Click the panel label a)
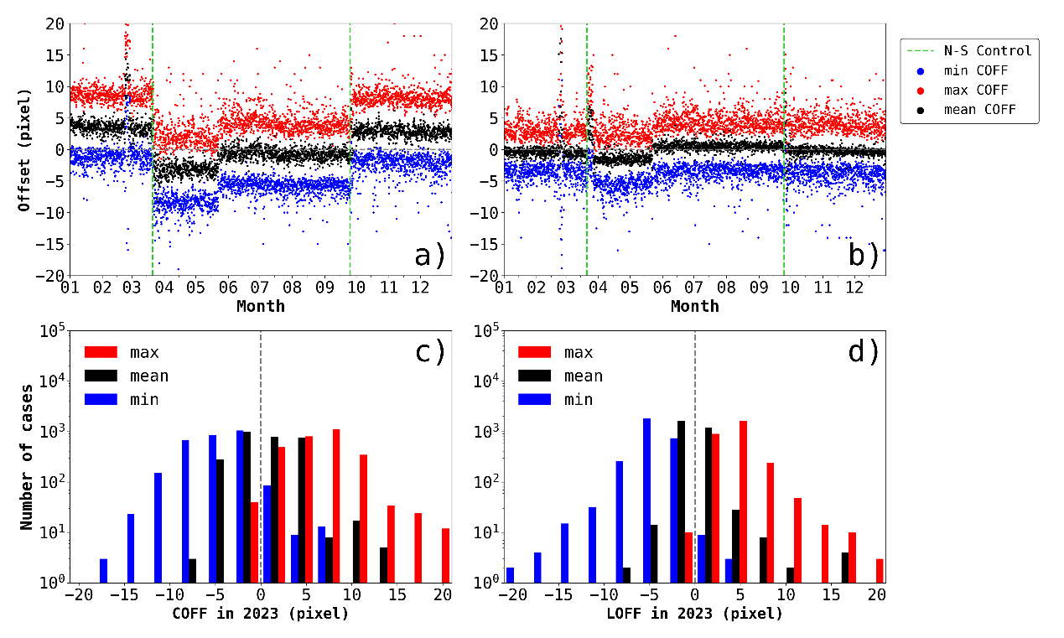(x=429, y=254)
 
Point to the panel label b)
(x=864, y=254)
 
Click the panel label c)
(x=429, y=353)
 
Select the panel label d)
(x=864, y=353)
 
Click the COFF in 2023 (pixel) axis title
(x=260, y=614)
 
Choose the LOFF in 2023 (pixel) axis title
(x=695, y=614)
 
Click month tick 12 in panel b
(x=854, y=288)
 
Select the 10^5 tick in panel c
(x=52, y=330)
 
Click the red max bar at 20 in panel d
(x=880, y=571)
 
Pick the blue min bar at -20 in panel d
(x=510, y=575)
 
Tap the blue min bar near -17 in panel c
(x=103, y=571)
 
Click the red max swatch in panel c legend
(x=101, y=352)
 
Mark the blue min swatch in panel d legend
(x=536, y=399)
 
